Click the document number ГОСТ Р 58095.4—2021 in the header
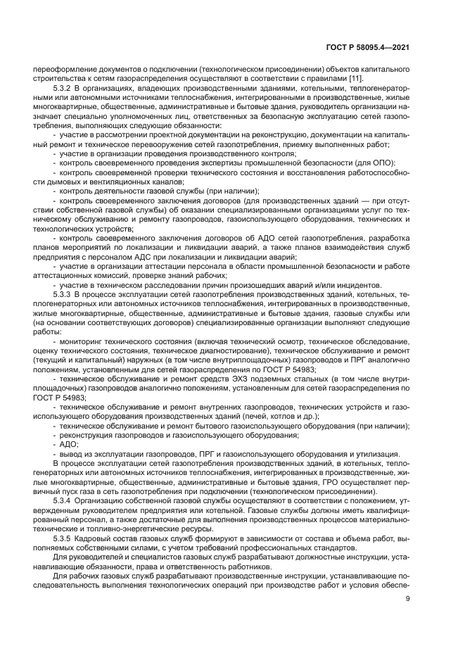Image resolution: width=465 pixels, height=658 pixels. pos(377,47)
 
